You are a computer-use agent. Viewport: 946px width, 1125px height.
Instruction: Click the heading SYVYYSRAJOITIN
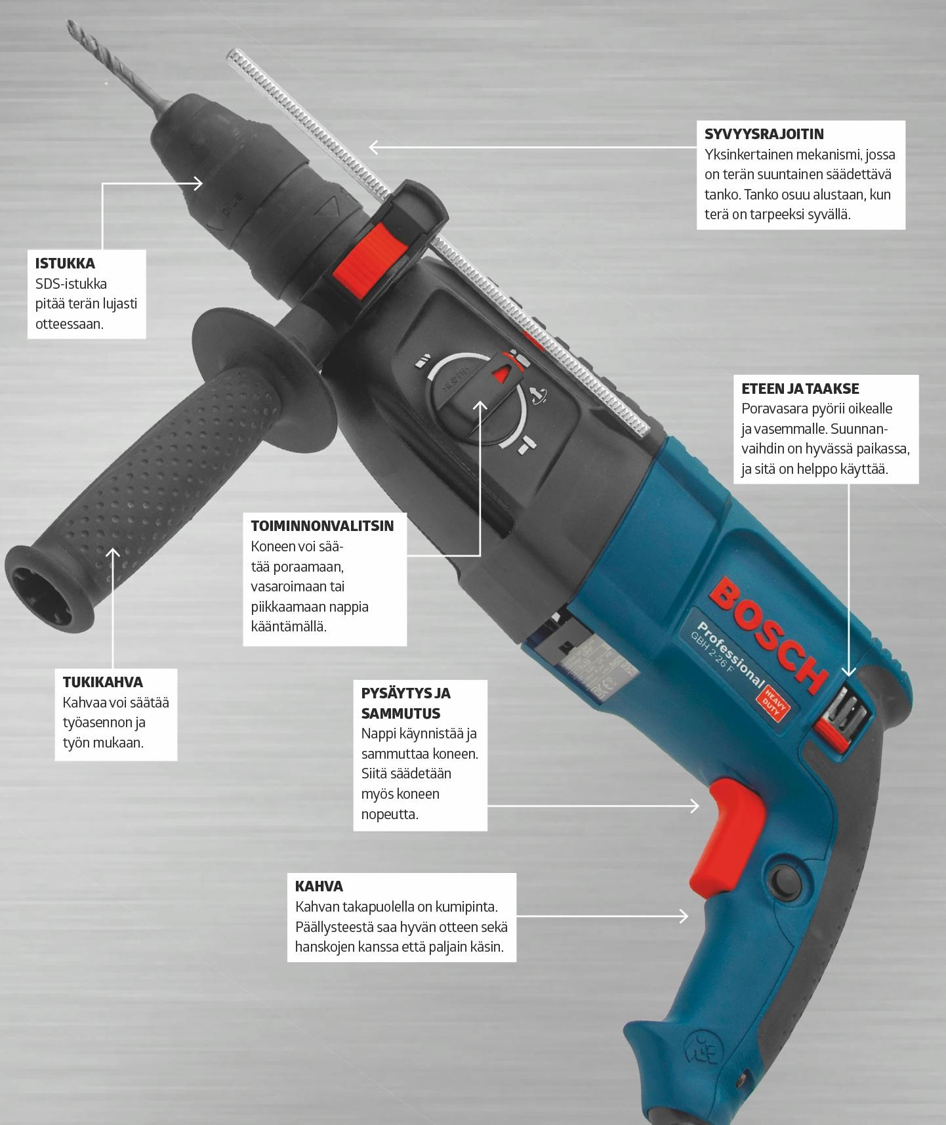click(x=764, y=134)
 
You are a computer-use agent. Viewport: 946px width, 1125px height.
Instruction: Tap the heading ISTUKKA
click(x=65, y=263)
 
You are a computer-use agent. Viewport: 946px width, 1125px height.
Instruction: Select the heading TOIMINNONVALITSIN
click(x=322, y=526)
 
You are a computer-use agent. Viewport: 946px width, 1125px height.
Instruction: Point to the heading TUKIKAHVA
click(x=102, y=682)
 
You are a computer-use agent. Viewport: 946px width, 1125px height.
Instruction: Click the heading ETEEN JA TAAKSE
click(x=800, y=388)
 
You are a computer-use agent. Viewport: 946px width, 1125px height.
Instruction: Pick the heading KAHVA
click(x=319, y=886)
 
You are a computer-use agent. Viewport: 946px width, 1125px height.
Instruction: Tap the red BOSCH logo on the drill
click(x=768, y=633)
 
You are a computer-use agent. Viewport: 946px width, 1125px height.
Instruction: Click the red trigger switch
click(x=727, y=834)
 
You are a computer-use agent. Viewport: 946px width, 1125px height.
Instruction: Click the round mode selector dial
click(x=476, y=398)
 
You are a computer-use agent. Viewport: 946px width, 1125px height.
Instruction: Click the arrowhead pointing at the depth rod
click(x=375, y=147)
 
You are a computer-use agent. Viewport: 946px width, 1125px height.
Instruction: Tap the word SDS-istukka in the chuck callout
click(x=71, y=284)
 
